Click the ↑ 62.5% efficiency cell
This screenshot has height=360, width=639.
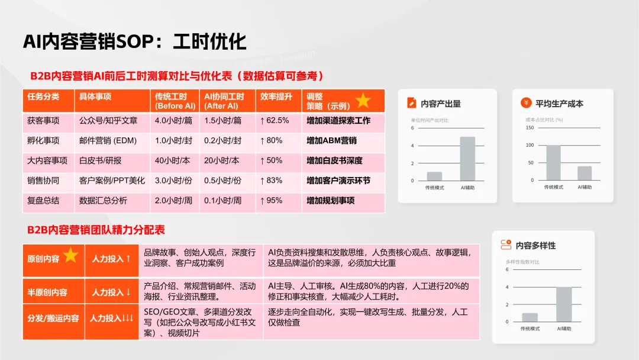[275, 120]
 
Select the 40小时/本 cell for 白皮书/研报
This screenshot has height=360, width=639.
[173, 160]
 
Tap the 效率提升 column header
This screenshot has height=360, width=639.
[276, 97]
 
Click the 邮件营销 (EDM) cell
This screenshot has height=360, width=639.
[108, 140]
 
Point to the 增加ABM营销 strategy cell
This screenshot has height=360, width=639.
[331, 140]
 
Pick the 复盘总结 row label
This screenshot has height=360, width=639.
[43, 201]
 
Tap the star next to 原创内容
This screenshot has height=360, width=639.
[71, 256]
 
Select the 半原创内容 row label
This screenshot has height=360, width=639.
[47, 292]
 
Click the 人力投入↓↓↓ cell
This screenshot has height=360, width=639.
[111, 318]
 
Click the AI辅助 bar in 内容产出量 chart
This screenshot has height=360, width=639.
[467, 159]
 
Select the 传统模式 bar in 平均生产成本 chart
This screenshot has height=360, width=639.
[553, 163]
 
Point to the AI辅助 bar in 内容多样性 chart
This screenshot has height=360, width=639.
[564, 304]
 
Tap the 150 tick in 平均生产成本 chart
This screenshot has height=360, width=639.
[530, 128]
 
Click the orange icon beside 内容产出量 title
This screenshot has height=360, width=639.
[412, 103]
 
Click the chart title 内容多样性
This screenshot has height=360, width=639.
[535, 245]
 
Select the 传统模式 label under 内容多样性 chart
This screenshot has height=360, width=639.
[530, 328]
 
